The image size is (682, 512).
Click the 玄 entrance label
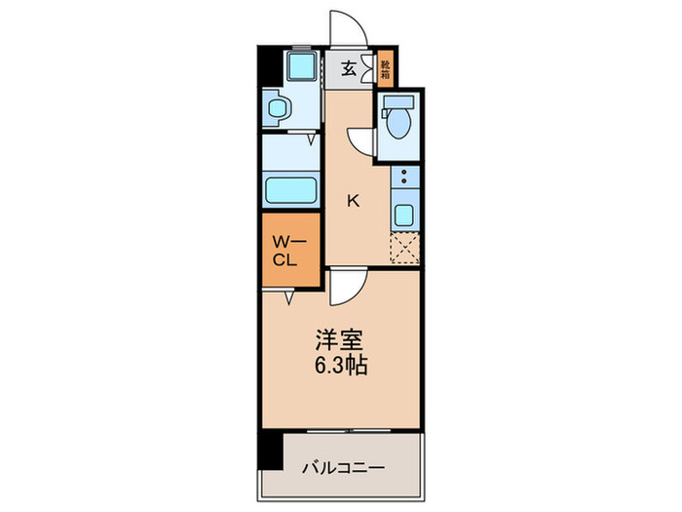[348, 69]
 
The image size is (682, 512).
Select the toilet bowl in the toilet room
[398, 125]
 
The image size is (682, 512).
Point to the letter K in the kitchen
[354, 202]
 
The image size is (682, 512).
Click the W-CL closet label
[288, 252]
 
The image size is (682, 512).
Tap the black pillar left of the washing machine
[268, 72]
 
